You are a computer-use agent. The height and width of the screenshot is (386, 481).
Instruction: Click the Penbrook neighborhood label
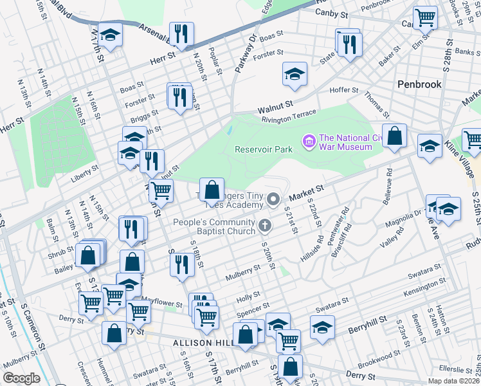(x=419, y=84)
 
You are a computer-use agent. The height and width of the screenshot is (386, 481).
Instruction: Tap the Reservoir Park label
(x=264, y=149)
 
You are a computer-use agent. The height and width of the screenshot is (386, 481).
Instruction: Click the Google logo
(x=21, y=378)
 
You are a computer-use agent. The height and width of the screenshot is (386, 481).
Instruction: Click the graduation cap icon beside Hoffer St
(x=295, y=75)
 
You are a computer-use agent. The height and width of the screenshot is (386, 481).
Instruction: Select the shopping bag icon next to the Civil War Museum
(x=395, y=136)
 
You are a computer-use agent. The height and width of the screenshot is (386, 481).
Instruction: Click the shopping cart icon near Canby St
(x=425, y=17)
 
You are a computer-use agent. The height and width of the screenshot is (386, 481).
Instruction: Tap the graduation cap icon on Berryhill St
(x=322, y=326)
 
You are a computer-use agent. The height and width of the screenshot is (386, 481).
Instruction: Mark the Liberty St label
(x=84, y=169)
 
